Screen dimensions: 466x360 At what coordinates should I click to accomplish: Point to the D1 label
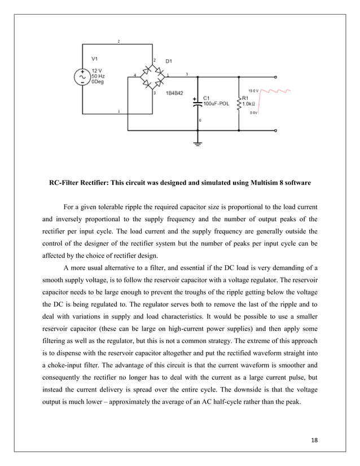[x=168, y=60]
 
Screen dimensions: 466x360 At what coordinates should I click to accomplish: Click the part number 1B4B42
[x=175, y=94]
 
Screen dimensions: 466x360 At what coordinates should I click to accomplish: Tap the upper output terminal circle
[x=275, y=76]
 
